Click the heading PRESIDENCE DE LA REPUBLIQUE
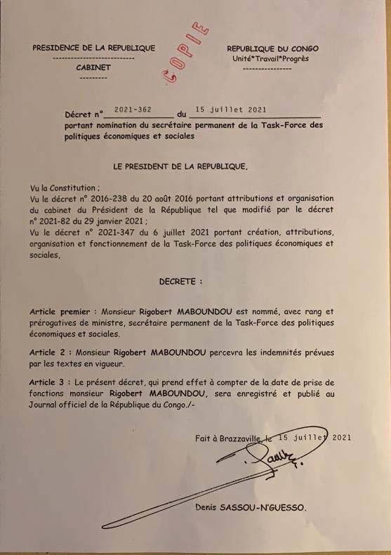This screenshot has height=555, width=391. coord(93,48)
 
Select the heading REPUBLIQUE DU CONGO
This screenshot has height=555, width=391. coord(272,48)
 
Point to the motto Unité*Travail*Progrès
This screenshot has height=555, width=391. coord(270,59)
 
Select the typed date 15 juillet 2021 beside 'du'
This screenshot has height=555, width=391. coord(231,110)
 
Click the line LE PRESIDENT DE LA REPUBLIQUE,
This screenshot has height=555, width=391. coord(180,167)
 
